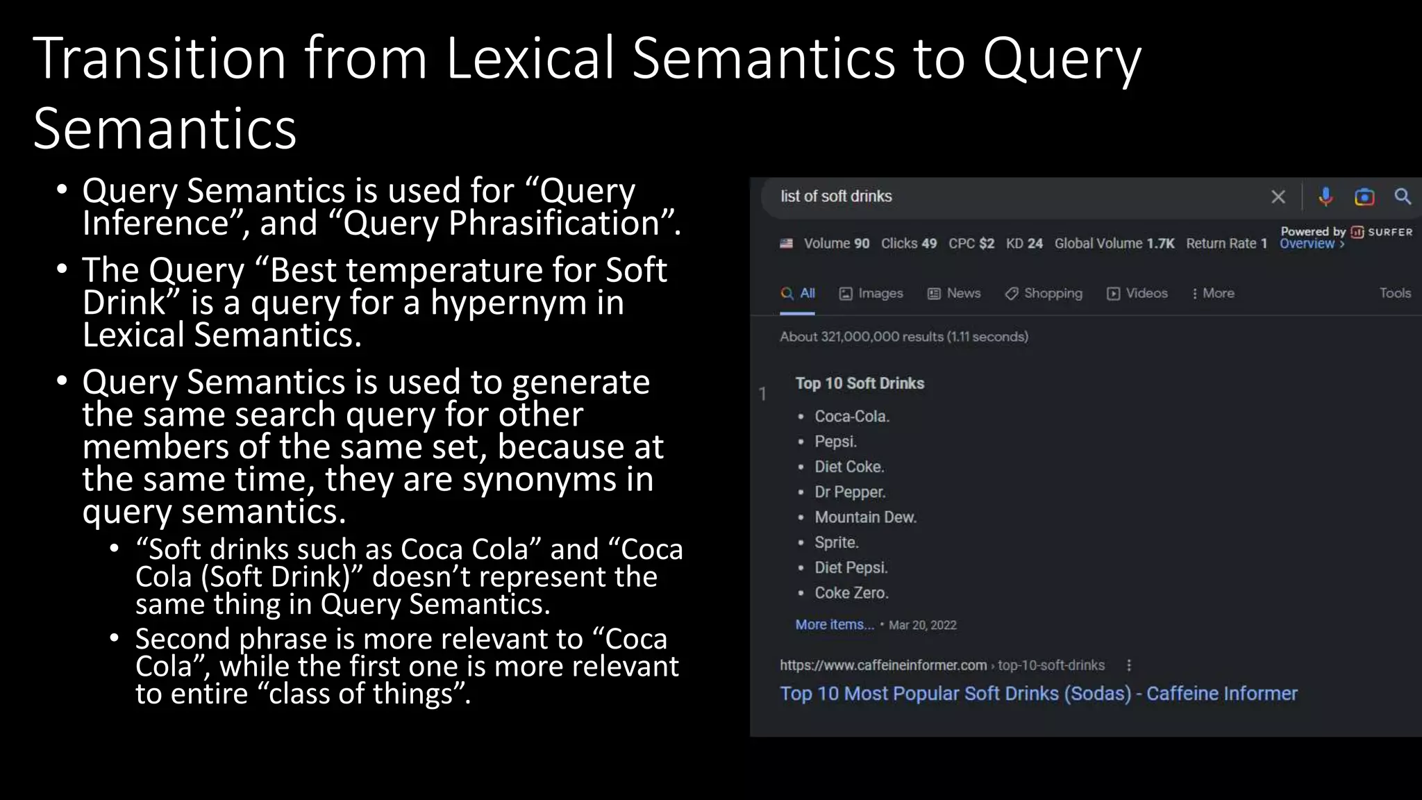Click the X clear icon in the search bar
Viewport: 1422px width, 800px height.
(1278, 197)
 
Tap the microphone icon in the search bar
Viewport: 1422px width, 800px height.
(1325, 197)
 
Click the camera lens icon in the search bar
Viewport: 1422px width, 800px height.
(1364, 197)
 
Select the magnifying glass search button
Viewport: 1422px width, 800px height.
(1403, 197)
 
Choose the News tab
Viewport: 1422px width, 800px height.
(954, 293)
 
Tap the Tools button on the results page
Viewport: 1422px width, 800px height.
(1394, 293)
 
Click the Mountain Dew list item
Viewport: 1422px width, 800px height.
(865, 517)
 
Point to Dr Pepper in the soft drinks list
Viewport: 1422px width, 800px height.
(850, 492)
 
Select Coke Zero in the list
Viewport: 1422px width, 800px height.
(851, 593)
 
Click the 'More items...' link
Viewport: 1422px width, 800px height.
(835, 625)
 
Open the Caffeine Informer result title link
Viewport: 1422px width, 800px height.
(1038, 694)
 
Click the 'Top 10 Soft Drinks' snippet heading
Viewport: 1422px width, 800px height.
(860, 383)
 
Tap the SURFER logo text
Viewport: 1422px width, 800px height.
(1389, 232)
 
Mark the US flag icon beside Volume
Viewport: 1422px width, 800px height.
(786, 244)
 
